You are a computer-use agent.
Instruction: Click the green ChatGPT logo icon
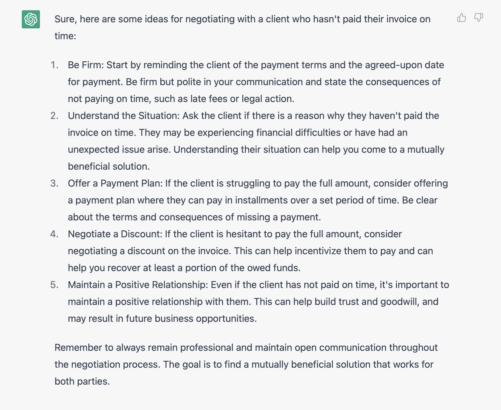click(31, 19)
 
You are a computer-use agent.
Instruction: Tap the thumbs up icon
click(461, 18)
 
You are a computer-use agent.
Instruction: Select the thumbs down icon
click(478, 18)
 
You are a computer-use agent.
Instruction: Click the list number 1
click(54, 65)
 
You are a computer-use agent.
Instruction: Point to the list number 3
click(54, 183)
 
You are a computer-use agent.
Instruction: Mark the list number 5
click(54, 285)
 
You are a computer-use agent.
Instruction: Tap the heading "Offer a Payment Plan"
click(115, 183)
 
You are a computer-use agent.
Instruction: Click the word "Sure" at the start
click(64, 19)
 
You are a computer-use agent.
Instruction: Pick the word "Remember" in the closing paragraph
click(78, 348)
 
